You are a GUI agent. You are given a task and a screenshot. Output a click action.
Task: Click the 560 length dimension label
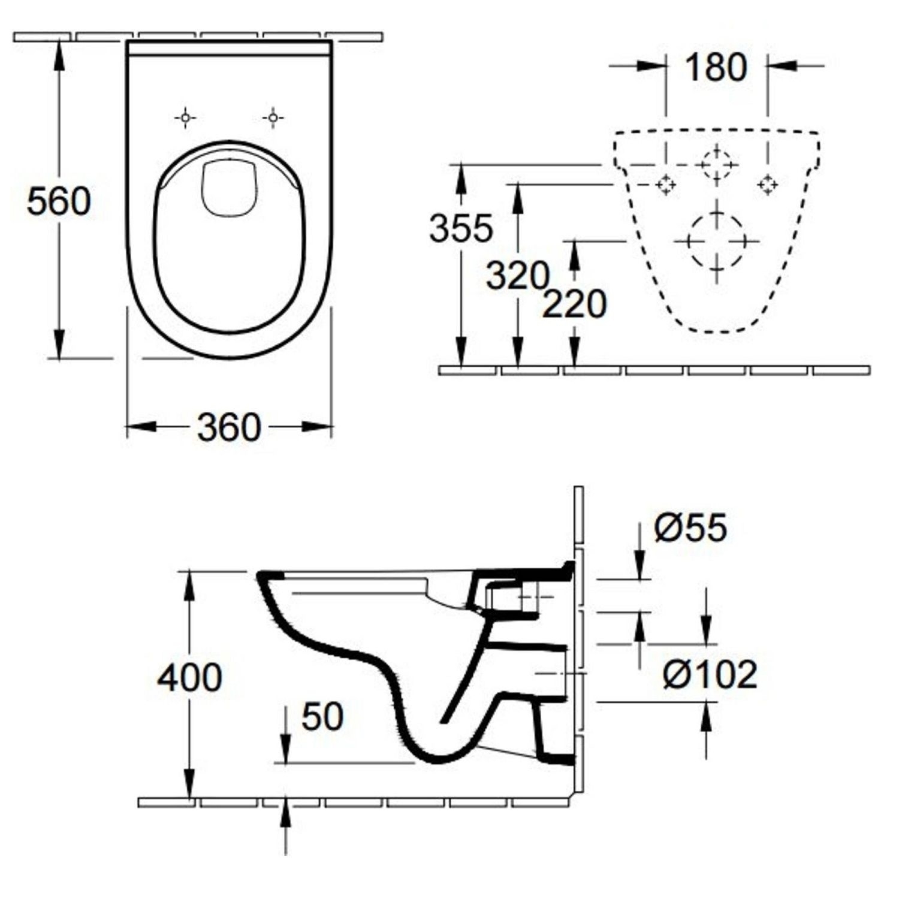59,201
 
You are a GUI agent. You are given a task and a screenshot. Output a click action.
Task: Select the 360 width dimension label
229,427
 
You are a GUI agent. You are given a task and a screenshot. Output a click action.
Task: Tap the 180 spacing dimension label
716,67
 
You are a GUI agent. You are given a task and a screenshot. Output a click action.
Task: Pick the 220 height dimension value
574,304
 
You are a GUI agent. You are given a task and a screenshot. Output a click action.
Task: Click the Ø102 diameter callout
710,674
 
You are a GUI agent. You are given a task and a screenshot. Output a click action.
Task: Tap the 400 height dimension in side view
189,678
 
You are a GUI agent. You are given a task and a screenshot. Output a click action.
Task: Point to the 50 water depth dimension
322,716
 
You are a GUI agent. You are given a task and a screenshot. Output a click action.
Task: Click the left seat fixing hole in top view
186,118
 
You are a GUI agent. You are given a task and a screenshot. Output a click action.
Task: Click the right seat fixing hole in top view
273,118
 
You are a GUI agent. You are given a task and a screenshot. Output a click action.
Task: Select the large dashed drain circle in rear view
716,242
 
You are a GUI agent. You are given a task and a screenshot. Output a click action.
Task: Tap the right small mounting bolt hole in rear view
767,185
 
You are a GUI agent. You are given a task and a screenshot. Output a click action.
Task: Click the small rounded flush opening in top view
230,187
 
